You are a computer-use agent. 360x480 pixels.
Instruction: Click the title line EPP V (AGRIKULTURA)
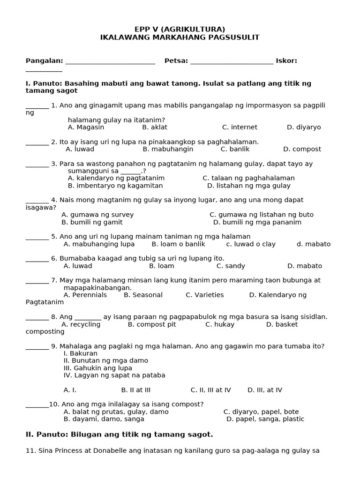point(180,29)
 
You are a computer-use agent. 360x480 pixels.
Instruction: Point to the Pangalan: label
point(44,60)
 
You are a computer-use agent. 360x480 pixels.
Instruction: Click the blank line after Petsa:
point(232,61)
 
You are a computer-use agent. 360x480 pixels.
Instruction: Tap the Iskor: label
point(286,60)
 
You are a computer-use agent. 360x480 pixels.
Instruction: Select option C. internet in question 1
point(240,127)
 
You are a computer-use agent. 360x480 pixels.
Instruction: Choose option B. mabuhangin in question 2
point(168,149)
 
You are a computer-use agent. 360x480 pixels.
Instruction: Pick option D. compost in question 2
point(302,149)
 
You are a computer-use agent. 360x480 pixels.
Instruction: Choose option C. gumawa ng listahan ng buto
point(262,215)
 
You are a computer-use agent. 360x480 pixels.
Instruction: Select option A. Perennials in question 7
point(85,295)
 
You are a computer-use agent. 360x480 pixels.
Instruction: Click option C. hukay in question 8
point(220,324)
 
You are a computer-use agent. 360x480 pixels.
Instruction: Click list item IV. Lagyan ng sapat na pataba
point(114,375)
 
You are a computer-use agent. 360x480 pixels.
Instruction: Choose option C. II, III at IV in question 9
point(210,390)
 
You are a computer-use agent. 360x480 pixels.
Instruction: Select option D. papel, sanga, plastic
point(265,419)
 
